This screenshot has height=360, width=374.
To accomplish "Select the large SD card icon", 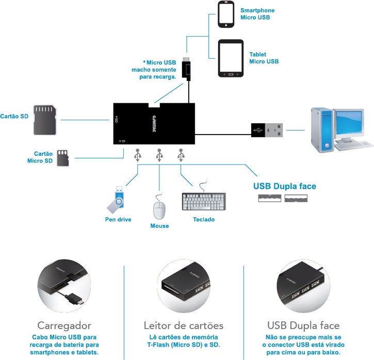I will (45, 120).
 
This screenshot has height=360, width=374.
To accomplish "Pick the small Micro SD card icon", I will (62, 157).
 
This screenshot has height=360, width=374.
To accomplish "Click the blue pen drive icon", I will (116, 200).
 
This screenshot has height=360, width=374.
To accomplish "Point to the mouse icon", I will (159, 209).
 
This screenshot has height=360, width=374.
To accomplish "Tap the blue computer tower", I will (320, 130).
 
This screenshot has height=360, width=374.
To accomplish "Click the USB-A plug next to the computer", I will (267, 130).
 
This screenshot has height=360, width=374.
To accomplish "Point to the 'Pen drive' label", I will (118, 219).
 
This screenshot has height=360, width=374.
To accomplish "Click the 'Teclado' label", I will (204, 219).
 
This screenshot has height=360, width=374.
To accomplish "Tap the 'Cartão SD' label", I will (14, 116).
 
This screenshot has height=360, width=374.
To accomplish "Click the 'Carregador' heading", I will (64, 325).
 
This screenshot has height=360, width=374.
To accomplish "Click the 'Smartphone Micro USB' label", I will (257, 14).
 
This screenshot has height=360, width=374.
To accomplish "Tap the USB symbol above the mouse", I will (159, 154).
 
